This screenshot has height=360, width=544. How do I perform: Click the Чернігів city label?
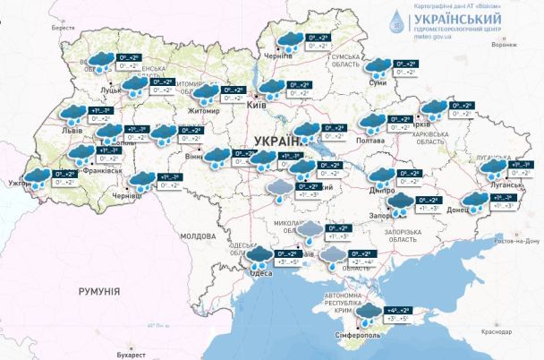[x=278, y=56]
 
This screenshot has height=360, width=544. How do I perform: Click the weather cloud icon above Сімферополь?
[x=368, y=313]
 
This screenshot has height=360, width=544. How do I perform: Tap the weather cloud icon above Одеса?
[x=260, y=259]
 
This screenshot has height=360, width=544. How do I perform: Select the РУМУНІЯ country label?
[x=98, y=291]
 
